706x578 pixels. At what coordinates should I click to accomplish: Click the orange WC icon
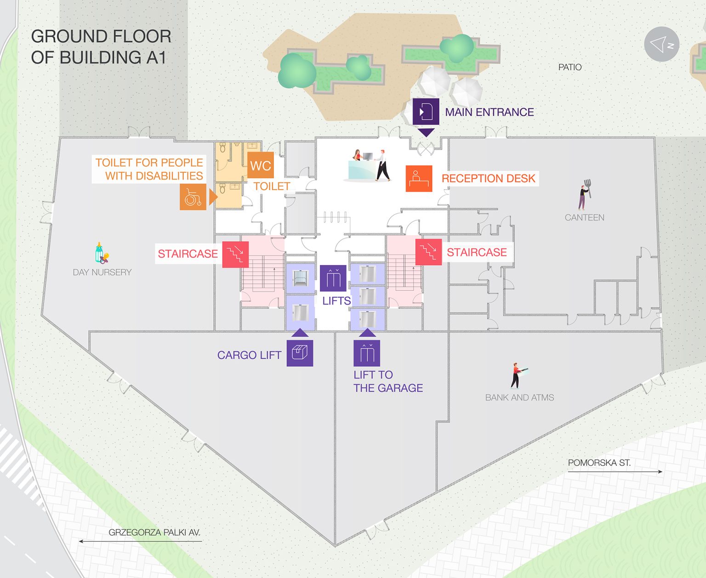coord(261,165)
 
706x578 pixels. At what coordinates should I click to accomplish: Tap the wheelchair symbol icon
coord(193,197)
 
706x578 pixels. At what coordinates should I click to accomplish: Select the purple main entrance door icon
coord(426,111)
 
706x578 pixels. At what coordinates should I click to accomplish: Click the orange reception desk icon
coord(419,178)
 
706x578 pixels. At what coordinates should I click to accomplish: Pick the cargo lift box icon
coord(300,353)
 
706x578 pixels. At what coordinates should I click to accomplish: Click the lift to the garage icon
coord(366,353)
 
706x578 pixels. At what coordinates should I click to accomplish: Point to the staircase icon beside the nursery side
coord(235,254)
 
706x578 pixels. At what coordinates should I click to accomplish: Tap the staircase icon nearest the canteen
coord(428,252)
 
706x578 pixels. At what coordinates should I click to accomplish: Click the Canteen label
coord(584,217)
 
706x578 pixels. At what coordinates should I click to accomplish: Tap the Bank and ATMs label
coord(519,397)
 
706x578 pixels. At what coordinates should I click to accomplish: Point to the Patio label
coord(569,67)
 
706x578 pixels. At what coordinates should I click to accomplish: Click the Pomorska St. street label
coord(599,463)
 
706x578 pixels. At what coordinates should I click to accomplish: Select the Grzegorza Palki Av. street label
coord(154,533)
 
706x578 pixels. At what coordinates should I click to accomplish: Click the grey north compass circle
coord(661,44)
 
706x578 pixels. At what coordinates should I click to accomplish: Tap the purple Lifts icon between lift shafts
coord(333,278)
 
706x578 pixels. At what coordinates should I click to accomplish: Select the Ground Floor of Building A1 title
coord(101,47)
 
